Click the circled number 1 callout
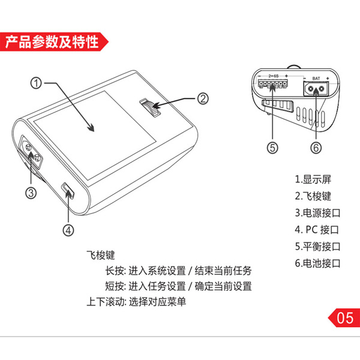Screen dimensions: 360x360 pyautogui.click(x=36, y=83)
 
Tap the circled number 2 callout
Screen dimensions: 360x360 pyautogui.click(x=203, y=99)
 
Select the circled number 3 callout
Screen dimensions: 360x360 pyautogui.click(x=31, y=193)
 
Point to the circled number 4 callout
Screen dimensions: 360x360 pyautogui.click(x=68, y=230)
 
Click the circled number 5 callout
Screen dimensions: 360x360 pyautogui.click(x=272, y=148)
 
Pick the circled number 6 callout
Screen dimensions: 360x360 pyautogui.click(x=316, y=148)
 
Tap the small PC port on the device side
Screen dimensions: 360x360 pyautogui.click(x=68, y=191)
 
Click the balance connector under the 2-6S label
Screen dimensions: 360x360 pyautogui.click(x=272, y=84)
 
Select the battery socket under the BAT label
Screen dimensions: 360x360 pyautogui.click(x=316, y=89)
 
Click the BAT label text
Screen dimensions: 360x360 pyautogui.click(x=316, y=79)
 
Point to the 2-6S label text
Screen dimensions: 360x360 pyautogui.click(x=274, y=76)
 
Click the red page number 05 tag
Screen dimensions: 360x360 pyautogui.click(x=344, y=318)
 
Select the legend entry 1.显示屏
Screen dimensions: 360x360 pyautogui.click(x=313, y=179)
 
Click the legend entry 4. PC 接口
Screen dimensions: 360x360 pyautogui.click(x=317, y=230)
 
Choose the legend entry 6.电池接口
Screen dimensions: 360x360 pyautogui.click(x=318, y=263)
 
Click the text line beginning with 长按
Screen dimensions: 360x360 pyautogui.click(x=178, y=271)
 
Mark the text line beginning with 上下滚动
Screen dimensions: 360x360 pyautogui.click(x=136, y=302)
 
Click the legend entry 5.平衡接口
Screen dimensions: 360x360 pyautogui.click(x=318, y=247)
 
